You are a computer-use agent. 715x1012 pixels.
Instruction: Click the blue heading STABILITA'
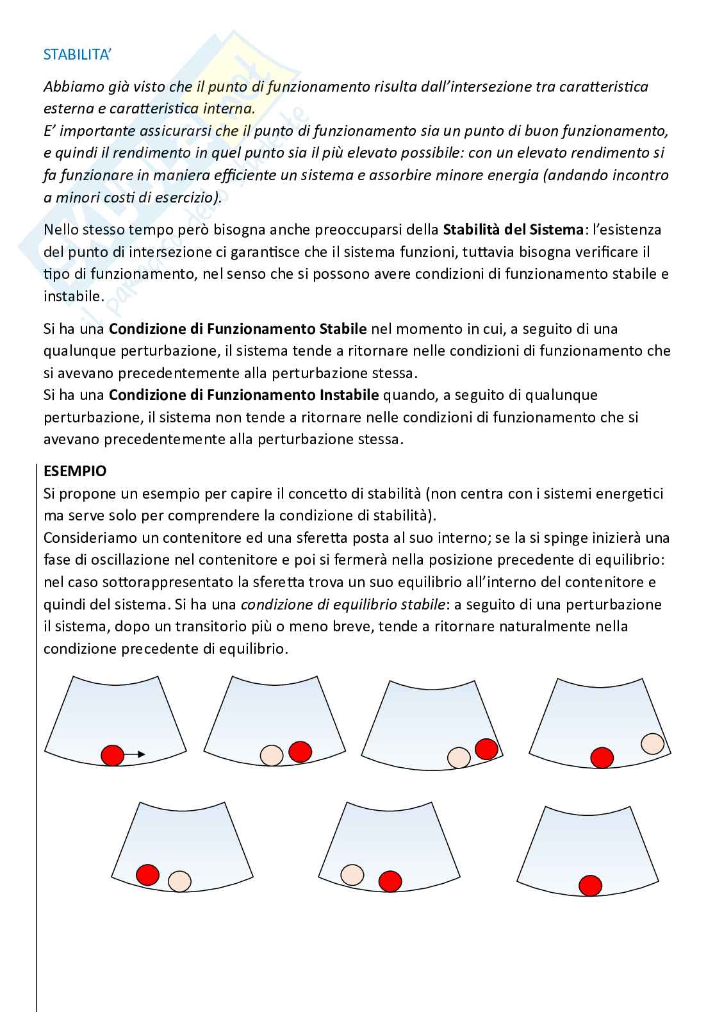pyautogui.click(x=77, y=54)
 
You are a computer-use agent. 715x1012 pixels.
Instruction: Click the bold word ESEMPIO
pyautogui.click(x=75, y=471)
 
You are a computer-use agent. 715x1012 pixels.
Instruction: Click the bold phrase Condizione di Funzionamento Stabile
pyautogui.click(x=238, y=329)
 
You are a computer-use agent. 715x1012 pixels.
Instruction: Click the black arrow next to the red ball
pyautogui.click(x=135, y=755)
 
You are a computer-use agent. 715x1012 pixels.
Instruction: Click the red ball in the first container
pyautogui.click(x=113, y=755)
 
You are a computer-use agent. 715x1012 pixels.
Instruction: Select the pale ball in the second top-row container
pyautogui.click(x=272, y=755)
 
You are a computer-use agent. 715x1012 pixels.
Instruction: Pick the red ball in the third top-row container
pyautogui.click(x=486, y=749)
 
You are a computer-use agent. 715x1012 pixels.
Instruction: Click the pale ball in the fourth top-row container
pyautogui.click(x=652, y=743)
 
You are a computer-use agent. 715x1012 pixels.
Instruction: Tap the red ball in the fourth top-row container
pyautogui.click(x=602, y=757)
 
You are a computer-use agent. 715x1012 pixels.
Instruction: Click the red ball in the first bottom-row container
pyautogui.click(x=147, y=874)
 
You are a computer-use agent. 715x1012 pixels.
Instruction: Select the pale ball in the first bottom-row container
pyautogui.click(x=179, y=881)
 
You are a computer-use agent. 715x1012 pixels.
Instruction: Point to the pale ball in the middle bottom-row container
pyautogui.click(x=352, y=875)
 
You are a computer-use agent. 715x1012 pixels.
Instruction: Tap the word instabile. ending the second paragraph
pyautogui.click(x=73, y=296)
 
